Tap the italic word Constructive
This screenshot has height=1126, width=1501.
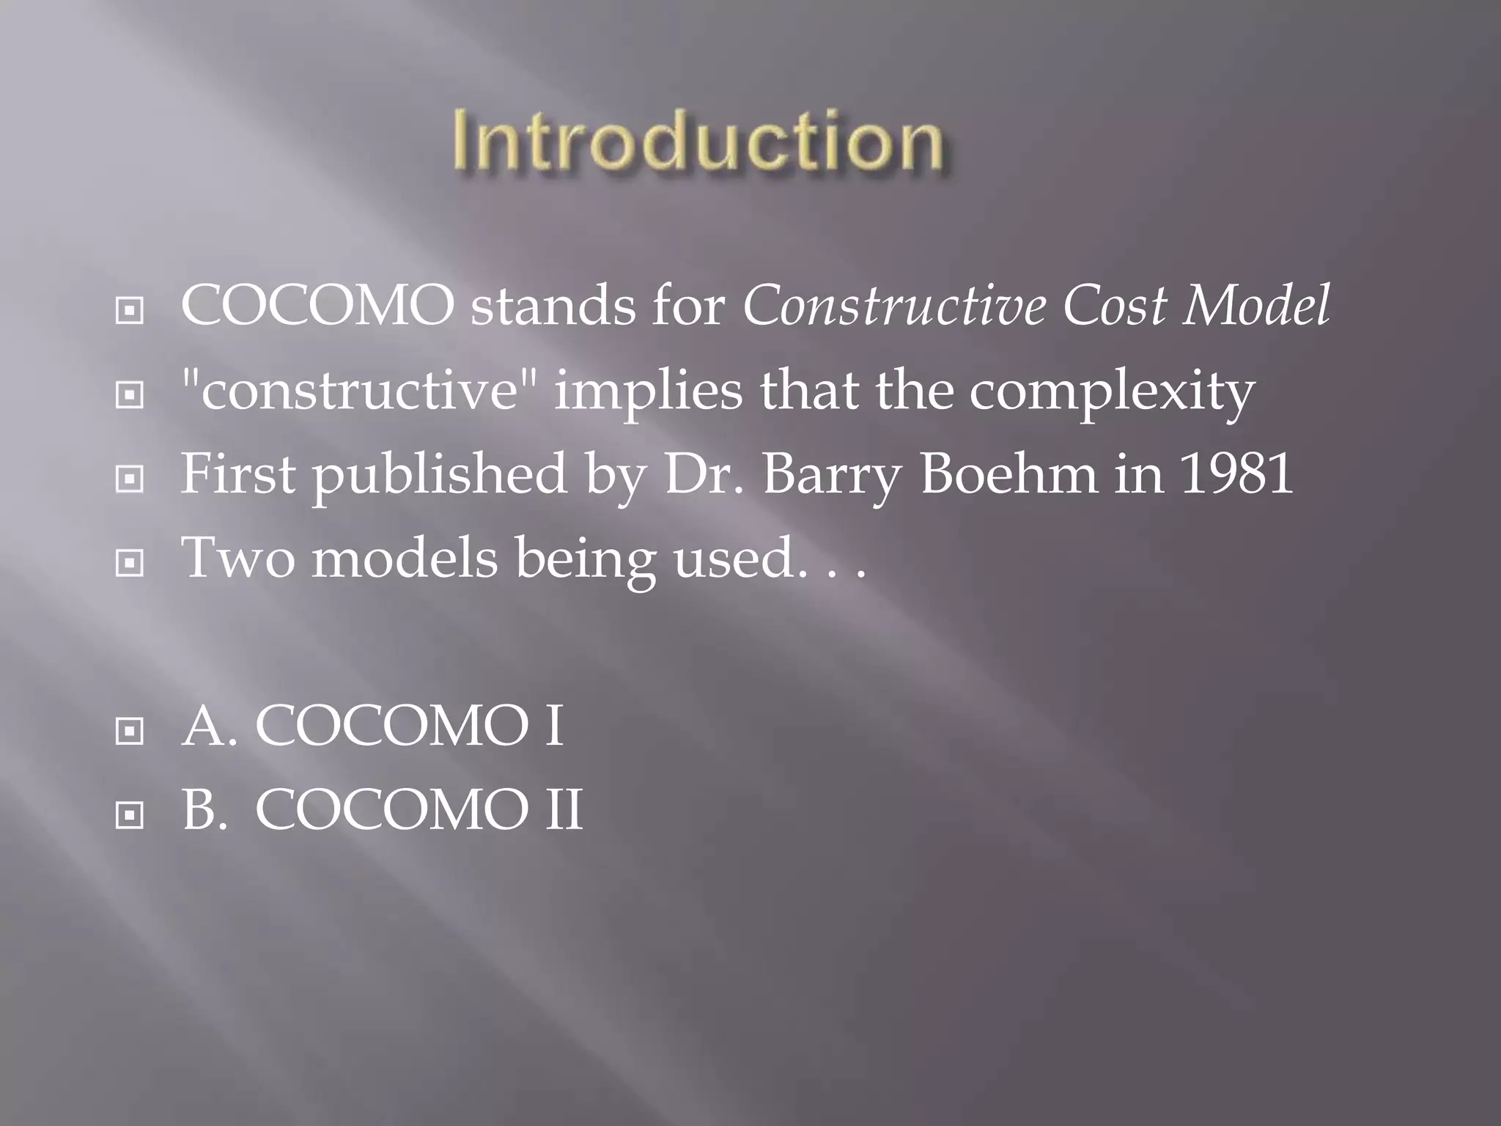pyautogui.click(x=894, y=306)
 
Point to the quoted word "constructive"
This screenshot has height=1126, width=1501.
pyautogui.click(x=359, y=390)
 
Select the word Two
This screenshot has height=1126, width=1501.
pyautogui.click(x=238, y=559)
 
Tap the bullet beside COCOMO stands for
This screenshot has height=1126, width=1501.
pyautogui.click(x=130, y=312)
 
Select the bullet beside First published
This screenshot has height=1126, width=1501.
pyautogui.click(x=130, y=480)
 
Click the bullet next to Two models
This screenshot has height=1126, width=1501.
pyautogui.click(x=130, y=564)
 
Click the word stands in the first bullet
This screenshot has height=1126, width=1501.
pyautogui.click(x=553, y=306)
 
